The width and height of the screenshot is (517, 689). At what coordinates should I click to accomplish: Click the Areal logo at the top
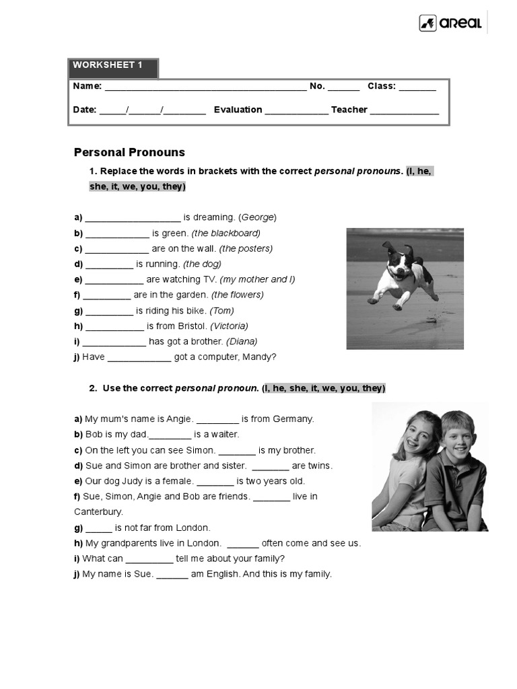[x=450, y=24]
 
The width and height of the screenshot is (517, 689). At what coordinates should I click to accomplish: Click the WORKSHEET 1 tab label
[x=108, y=65]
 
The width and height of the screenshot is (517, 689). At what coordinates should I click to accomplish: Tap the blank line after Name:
[x=205, y=87]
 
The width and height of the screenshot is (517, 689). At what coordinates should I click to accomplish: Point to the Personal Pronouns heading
[x=129, y=153]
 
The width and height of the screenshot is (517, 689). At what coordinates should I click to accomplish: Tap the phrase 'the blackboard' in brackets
[x=226, y=233]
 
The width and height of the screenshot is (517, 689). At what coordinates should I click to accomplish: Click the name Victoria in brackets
[x=229, y=326]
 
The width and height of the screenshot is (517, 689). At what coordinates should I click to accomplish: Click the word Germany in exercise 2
[x=294, y=419]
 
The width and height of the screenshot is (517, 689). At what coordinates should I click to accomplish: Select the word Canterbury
[x=98, y=511]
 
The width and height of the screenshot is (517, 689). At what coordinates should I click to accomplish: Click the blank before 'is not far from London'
[x=98, y=528]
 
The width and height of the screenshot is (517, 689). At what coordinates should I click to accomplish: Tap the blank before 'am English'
[x=172, y=575]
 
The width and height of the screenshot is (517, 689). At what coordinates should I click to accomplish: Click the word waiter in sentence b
[x=226, y=434]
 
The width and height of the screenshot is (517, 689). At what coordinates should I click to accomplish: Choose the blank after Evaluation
[x=296, y=110]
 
